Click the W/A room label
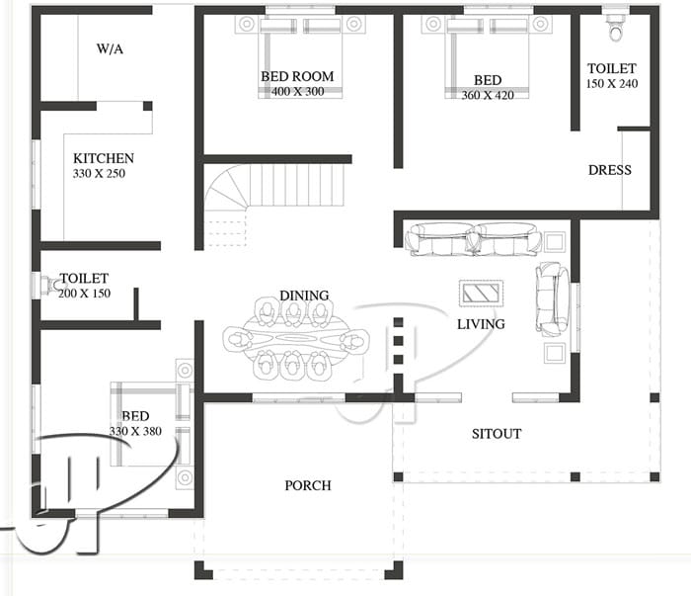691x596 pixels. pyautogui.click(x=109, y=47)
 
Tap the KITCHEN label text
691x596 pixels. pyautogui.click(x=104, y=158)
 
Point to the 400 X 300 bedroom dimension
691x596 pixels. pyautogui.click(x=297, y=92)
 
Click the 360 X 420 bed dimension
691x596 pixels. pyautogui.click(x=487, y=96)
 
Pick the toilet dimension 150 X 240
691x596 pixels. pyautogui.click(x=612, y=85)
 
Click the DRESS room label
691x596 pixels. pyautogui.click(x=609, y=170)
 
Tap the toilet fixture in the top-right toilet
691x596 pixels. pyautogui.click(x=617, y=28)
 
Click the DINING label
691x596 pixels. pyautogui.click(x=303, y=296)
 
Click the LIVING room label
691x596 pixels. pyautogui.click(x=481, y=323)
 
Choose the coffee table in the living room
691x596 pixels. pyautogui.click(x=482, y=293)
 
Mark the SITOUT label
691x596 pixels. pyautogui.click(x=496, y=433)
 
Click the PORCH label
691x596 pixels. pyautogui.click(x=308, y=485)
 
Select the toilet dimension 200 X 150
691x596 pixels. pyautogui.click(x=84, y=295)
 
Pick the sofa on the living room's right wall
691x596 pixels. pyautogui.click(x=551, y=297)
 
